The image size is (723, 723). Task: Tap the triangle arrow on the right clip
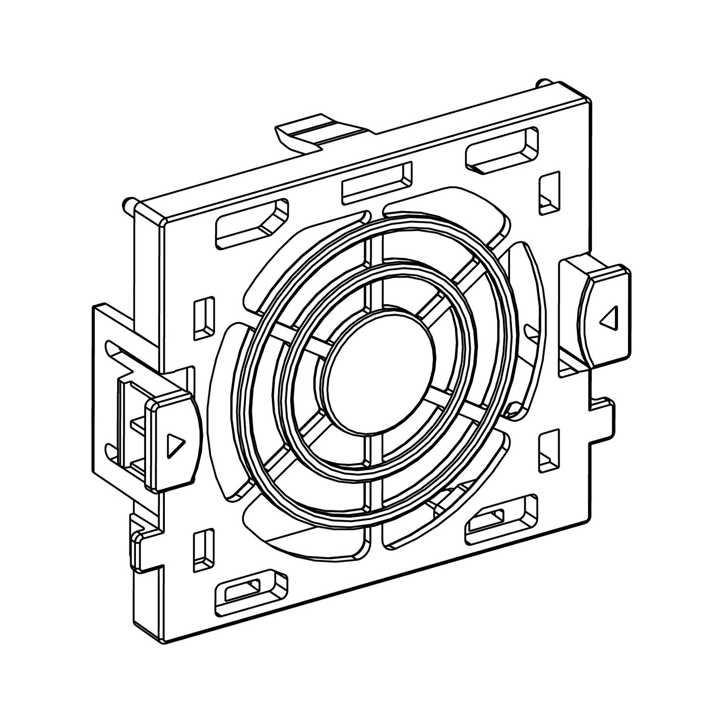[x=609, y=319]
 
